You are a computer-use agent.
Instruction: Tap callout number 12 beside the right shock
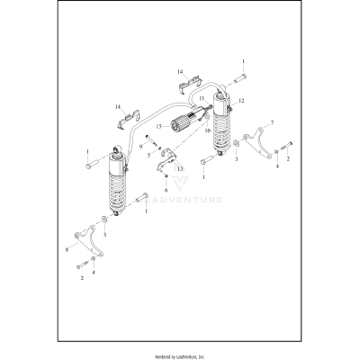[240, 102]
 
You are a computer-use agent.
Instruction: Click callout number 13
[178, 167]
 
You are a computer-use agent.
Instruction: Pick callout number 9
[140, 147]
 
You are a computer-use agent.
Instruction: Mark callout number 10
[207, 131]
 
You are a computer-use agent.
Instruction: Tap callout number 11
[202, 97]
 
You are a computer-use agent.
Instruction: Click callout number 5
[149, 154]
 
